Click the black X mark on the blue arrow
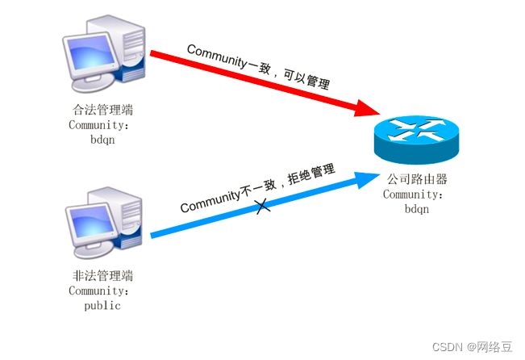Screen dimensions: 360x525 pos(262,207)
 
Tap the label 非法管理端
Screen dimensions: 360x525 pos(102,277)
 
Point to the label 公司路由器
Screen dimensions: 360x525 pos(417,179)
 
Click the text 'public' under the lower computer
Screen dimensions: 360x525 pos(102,306)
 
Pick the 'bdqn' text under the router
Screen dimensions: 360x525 pos(417,208)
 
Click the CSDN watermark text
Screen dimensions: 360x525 pos(472,346)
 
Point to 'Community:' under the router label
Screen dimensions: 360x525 pos(413,194)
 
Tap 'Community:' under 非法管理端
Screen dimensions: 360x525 pos(98,291)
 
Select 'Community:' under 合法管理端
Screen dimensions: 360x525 pos(98,125)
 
